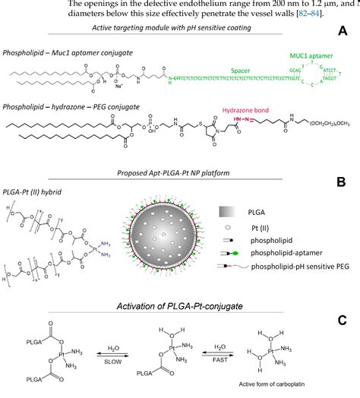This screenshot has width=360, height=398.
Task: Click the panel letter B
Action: pyautogui.click(x=343, y=182)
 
